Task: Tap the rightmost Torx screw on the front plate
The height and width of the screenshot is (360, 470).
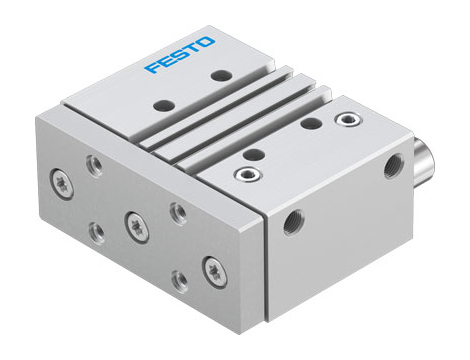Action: (x=212, y=268)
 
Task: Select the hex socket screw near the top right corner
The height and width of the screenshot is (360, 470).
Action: (x=347, y=120)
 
